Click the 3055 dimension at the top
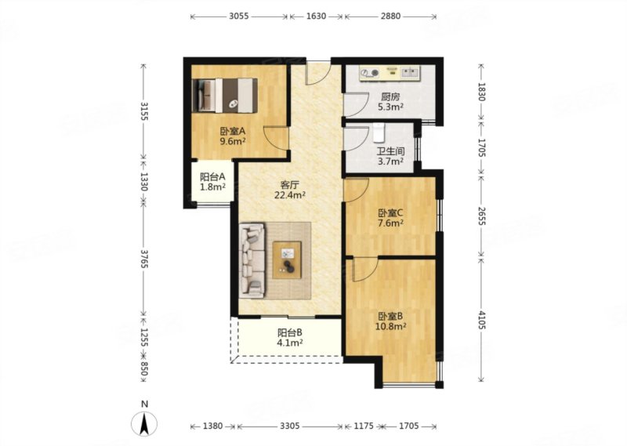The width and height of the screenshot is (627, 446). point(239,16)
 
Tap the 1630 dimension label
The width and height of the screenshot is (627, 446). point(316,16)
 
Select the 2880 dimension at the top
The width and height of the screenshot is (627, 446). point(390,16)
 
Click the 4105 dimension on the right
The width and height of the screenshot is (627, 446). point(481,320)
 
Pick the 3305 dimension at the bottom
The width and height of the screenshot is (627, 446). point(289,426)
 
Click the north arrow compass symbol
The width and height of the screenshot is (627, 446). point(144,422)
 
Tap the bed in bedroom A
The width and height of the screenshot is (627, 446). point(224,95)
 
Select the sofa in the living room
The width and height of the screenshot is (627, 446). point(252,260)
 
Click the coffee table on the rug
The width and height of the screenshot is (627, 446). point(287,260)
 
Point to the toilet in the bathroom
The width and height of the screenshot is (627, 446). point(379,132)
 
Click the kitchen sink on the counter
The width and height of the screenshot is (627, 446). point(410,72)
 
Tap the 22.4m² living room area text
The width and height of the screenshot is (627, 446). point(290,195)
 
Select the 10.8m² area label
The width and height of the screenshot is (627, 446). point(390,326)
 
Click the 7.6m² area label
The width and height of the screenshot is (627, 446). point(390,223)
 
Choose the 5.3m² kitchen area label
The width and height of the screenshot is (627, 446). point(390,107)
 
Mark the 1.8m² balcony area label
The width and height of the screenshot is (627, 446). point(212,187)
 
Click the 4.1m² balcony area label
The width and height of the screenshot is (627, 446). point(290,343)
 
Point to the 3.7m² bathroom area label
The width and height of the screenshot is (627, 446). point(390,161)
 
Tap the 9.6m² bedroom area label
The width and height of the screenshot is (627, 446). point(232,141)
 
